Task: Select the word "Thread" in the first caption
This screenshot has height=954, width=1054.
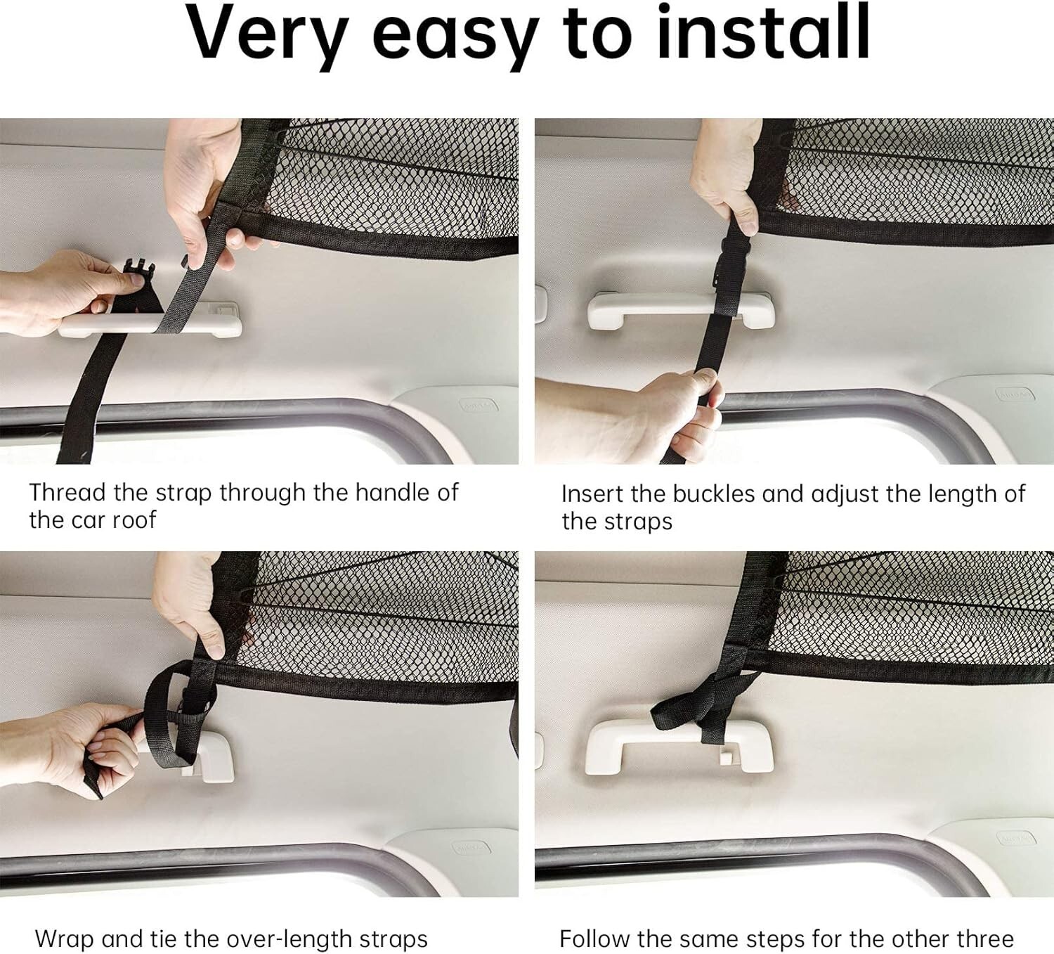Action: pyautogui.click(x=67, y=492)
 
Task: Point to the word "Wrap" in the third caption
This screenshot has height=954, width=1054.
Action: pyautogui.click(x=64, y=939)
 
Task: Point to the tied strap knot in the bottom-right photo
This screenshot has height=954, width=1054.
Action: pyautogui.click(x=706, y=703)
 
